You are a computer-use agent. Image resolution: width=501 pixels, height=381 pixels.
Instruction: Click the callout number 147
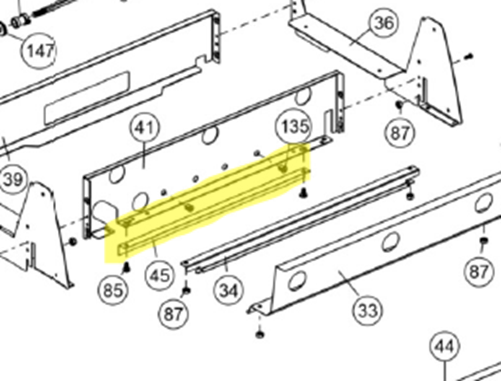[40, 50]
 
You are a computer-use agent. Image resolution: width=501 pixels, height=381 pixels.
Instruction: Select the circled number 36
[383, 23]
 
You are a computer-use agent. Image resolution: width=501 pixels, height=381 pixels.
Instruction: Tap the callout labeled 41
[145, 128]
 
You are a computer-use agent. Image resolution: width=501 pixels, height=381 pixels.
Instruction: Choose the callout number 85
[113, 289]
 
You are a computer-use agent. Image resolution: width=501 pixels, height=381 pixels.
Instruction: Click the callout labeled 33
[367, 311]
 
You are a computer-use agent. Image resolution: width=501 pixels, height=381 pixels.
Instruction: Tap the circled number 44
[445, 347]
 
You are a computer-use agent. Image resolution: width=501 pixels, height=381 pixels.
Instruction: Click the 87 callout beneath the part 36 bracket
[400, 133]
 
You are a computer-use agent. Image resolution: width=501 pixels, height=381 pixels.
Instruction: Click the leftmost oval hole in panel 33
[297, 281]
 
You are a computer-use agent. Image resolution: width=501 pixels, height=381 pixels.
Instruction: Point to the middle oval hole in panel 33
[390, 242]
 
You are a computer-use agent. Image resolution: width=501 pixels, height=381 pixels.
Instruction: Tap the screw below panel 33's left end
[259, 334]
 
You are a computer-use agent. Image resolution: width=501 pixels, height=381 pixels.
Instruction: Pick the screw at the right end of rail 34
[410, 195]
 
